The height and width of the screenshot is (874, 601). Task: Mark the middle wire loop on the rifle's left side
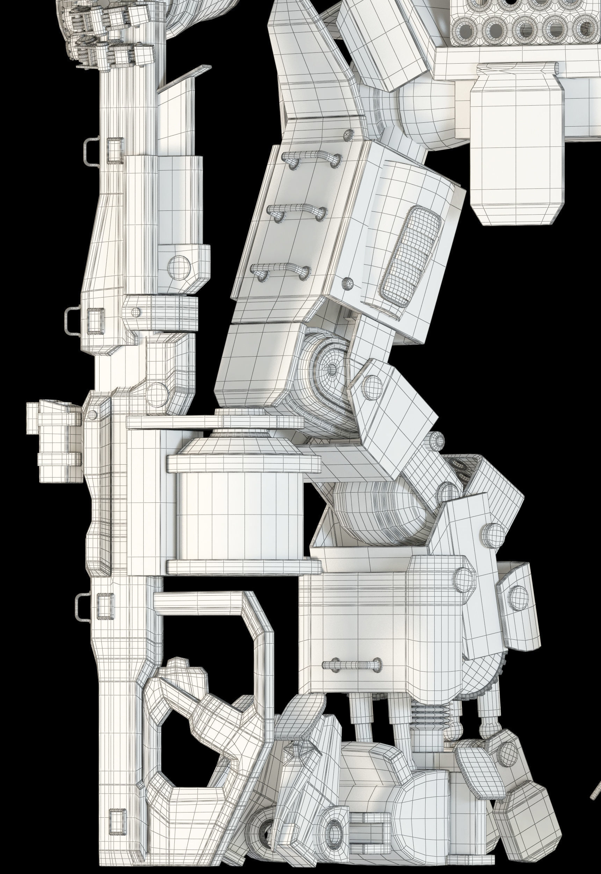pos(73,320)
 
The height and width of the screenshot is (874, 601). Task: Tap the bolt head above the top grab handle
pos(349,134)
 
